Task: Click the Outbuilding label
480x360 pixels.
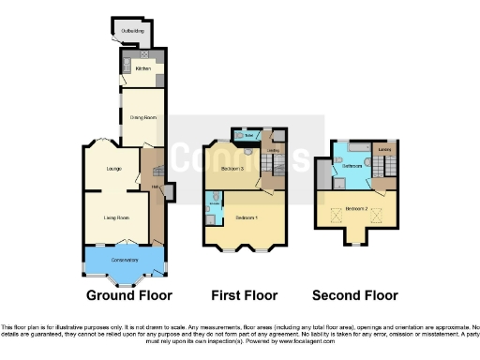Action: pos(121,33)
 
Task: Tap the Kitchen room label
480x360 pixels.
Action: pos(142,69)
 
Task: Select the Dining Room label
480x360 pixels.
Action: pos(142,117)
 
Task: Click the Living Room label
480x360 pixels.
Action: pos(115,217)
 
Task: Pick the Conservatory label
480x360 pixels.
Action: pos(124,260)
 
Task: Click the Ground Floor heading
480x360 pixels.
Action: pos(129,294)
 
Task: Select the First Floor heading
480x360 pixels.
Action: pos(245,294)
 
